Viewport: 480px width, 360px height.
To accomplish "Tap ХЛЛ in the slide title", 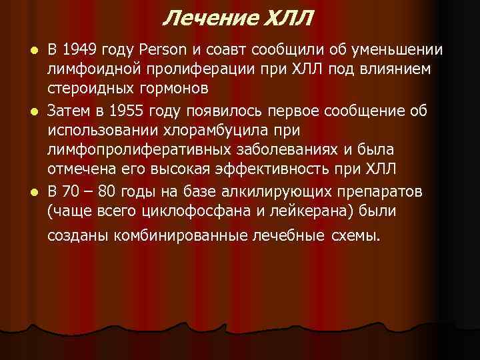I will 284,17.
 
